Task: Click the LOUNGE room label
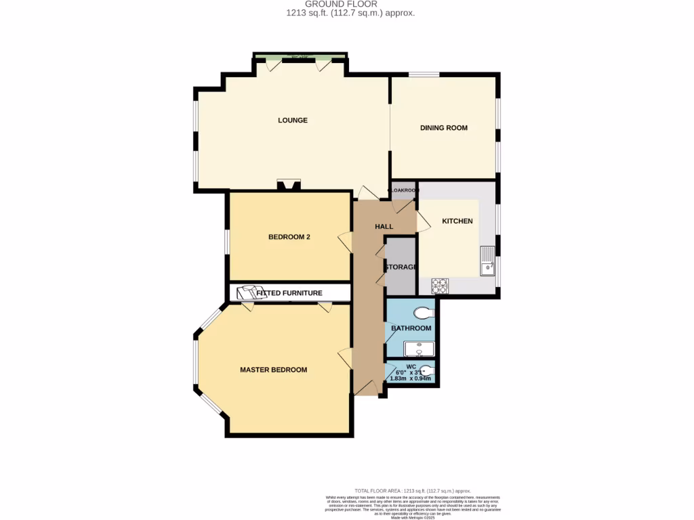[x=293, y=121]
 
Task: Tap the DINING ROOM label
[x=444, y=128]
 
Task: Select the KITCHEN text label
[x=457, y=221]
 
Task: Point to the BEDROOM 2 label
[x=289, y=237]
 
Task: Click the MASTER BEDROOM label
[x=273, y=370]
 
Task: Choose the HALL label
[x=384, y=226]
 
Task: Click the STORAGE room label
[x=401, y=267]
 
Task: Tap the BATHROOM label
[x=411, y=328]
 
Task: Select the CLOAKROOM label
[x=403, y=190]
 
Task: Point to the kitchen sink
[x=487, y=262]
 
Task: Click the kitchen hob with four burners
[x=439, y=286]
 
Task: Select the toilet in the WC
[x=426, y=371]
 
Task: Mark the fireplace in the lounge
[x=288, y=185]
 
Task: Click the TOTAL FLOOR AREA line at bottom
[x=412, y=491]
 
